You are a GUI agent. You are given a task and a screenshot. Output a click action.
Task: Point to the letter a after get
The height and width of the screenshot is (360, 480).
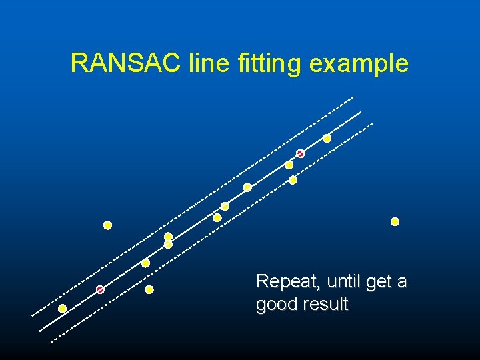coord(402,283)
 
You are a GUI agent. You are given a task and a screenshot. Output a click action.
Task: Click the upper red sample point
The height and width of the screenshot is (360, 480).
coord(300,154)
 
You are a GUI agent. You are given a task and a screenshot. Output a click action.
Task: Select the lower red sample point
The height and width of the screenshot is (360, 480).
coord(100,289)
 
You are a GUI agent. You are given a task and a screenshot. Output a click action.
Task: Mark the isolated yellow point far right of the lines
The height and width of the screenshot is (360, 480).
coord(395,221)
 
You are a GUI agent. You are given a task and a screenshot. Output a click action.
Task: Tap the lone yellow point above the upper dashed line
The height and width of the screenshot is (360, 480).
coord(107,225)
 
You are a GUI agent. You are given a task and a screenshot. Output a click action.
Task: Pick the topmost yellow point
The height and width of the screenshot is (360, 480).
coord(327,139)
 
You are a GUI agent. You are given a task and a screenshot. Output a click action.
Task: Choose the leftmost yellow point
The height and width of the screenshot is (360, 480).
coord(62,308)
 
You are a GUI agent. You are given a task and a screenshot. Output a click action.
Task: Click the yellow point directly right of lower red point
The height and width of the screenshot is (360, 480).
coord(149,289)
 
